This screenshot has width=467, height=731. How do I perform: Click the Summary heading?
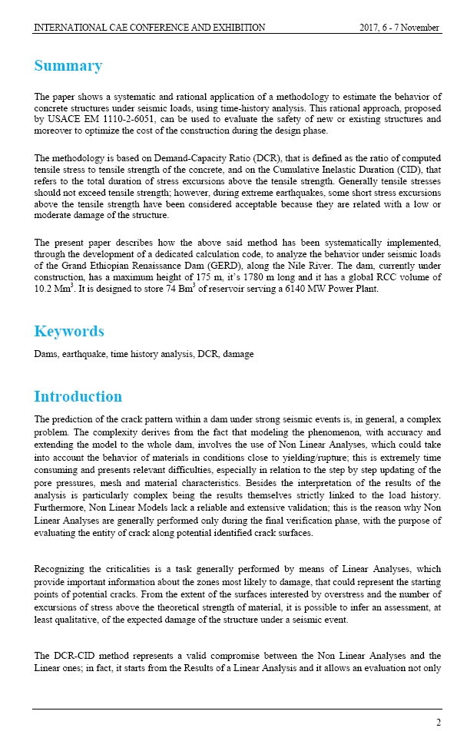click(68, 65)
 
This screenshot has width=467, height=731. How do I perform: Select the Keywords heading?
click(70, 331)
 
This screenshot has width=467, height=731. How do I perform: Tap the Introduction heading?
click(78, 396)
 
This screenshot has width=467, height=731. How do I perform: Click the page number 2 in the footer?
click(439, 721)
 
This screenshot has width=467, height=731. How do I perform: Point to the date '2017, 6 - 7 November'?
click(399, 28)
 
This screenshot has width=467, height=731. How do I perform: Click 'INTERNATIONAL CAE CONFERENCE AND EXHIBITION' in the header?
click(150, 28)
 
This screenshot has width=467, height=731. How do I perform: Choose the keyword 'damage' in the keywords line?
click(238, 354)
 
